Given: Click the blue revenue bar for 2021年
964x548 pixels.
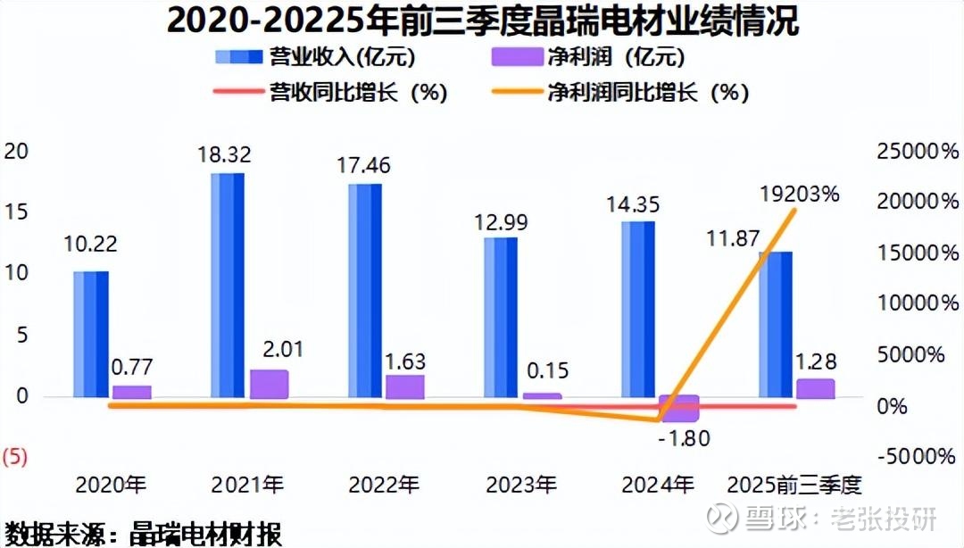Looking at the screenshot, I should coord(227,284).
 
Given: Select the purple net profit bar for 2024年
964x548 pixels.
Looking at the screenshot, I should coord(679,408).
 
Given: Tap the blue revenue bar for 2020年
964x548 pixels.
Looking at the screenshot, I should coord(90,333).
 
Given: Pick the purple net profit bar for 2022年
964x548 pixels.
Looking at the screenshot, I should coord(406,386).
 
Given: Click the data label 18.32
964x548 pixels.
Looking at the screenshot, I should coord(224,154).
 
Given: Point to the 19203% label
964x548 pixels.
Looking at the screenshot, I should coord(800,193).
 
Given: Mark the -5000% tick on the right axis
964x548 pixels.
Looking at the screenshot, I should coord(913,456).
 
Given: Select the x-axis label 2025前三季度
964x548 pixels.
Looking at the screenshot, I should coord(795,486).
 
